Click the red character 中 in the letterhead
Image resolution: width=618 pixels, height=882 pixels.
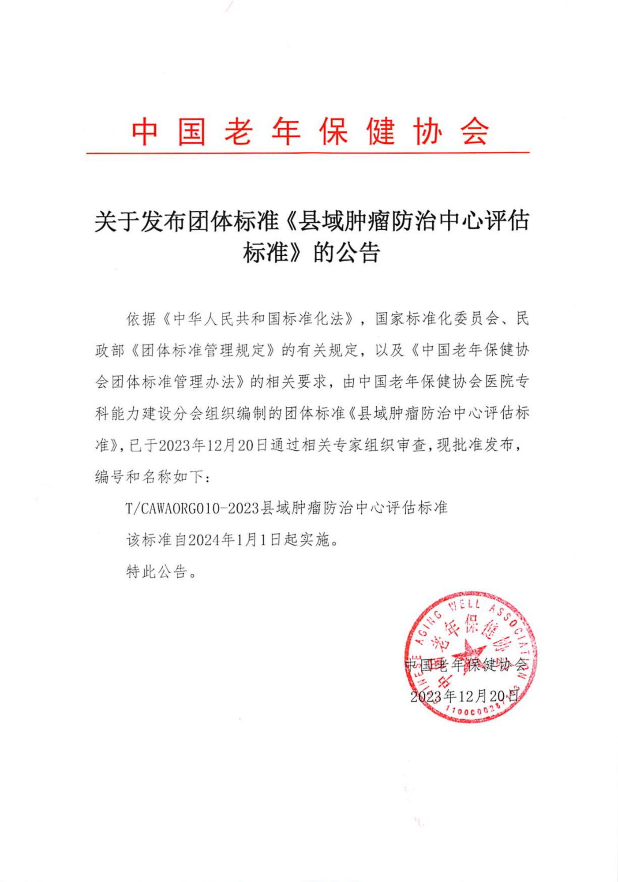click(x=144, y=131)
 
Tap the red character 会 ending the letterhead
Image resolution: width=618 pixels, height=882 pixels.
click(x=476, y=131)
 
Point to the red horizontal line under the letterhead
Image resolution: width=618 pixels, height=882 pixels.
click(x=308, y=153)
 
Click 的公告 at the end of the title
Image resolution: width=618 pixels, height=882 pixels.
click(x=347, y=253)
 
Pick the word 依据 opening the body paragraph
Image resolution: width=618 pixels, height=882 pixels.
click(x=141, y=319)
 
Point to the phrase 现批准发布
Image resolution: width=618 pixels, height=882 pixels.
click(x=475, y=445)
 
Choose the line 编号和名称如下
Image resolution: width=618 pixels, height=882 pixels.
click(x=150, y=477)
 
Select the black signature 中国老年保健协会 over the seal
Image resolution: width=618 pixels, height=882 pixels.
click(x=466, y=665)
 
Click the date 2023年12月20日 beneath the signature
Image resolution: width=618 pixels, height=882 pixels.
click(x=464, y=696)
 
